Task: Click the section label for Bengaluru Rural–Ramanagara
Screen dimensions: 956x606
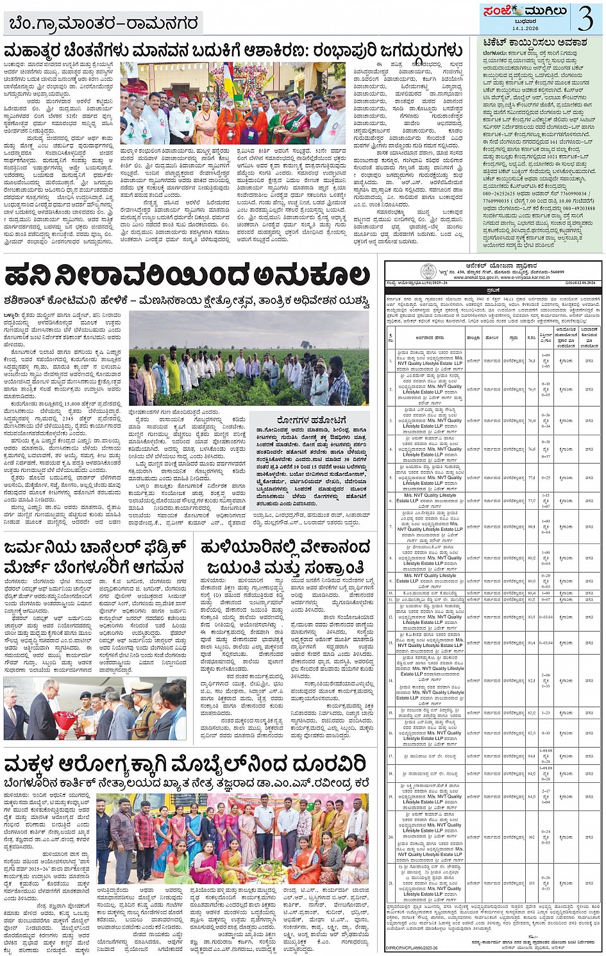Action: [x=103, y=24]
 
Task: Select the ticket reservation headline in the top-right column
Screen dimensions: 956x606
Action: [x=542, y=42]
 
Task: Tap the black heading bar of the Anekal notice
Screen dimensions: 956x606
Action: [x=493, y=289]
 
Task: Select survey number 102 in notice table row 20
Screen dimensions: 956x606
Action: [x=532, y=837]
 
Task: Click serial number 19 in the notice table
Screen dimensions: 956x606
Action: [x=391, y=796]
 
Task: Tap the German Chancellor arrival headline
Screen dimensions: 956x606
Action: [x=96, y=558]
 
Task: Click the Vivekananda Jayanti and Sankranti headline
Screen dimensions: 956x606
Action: [x=285, y=558]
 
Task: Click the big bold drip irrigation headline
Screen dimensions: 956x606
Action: [x=187, y=276]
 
